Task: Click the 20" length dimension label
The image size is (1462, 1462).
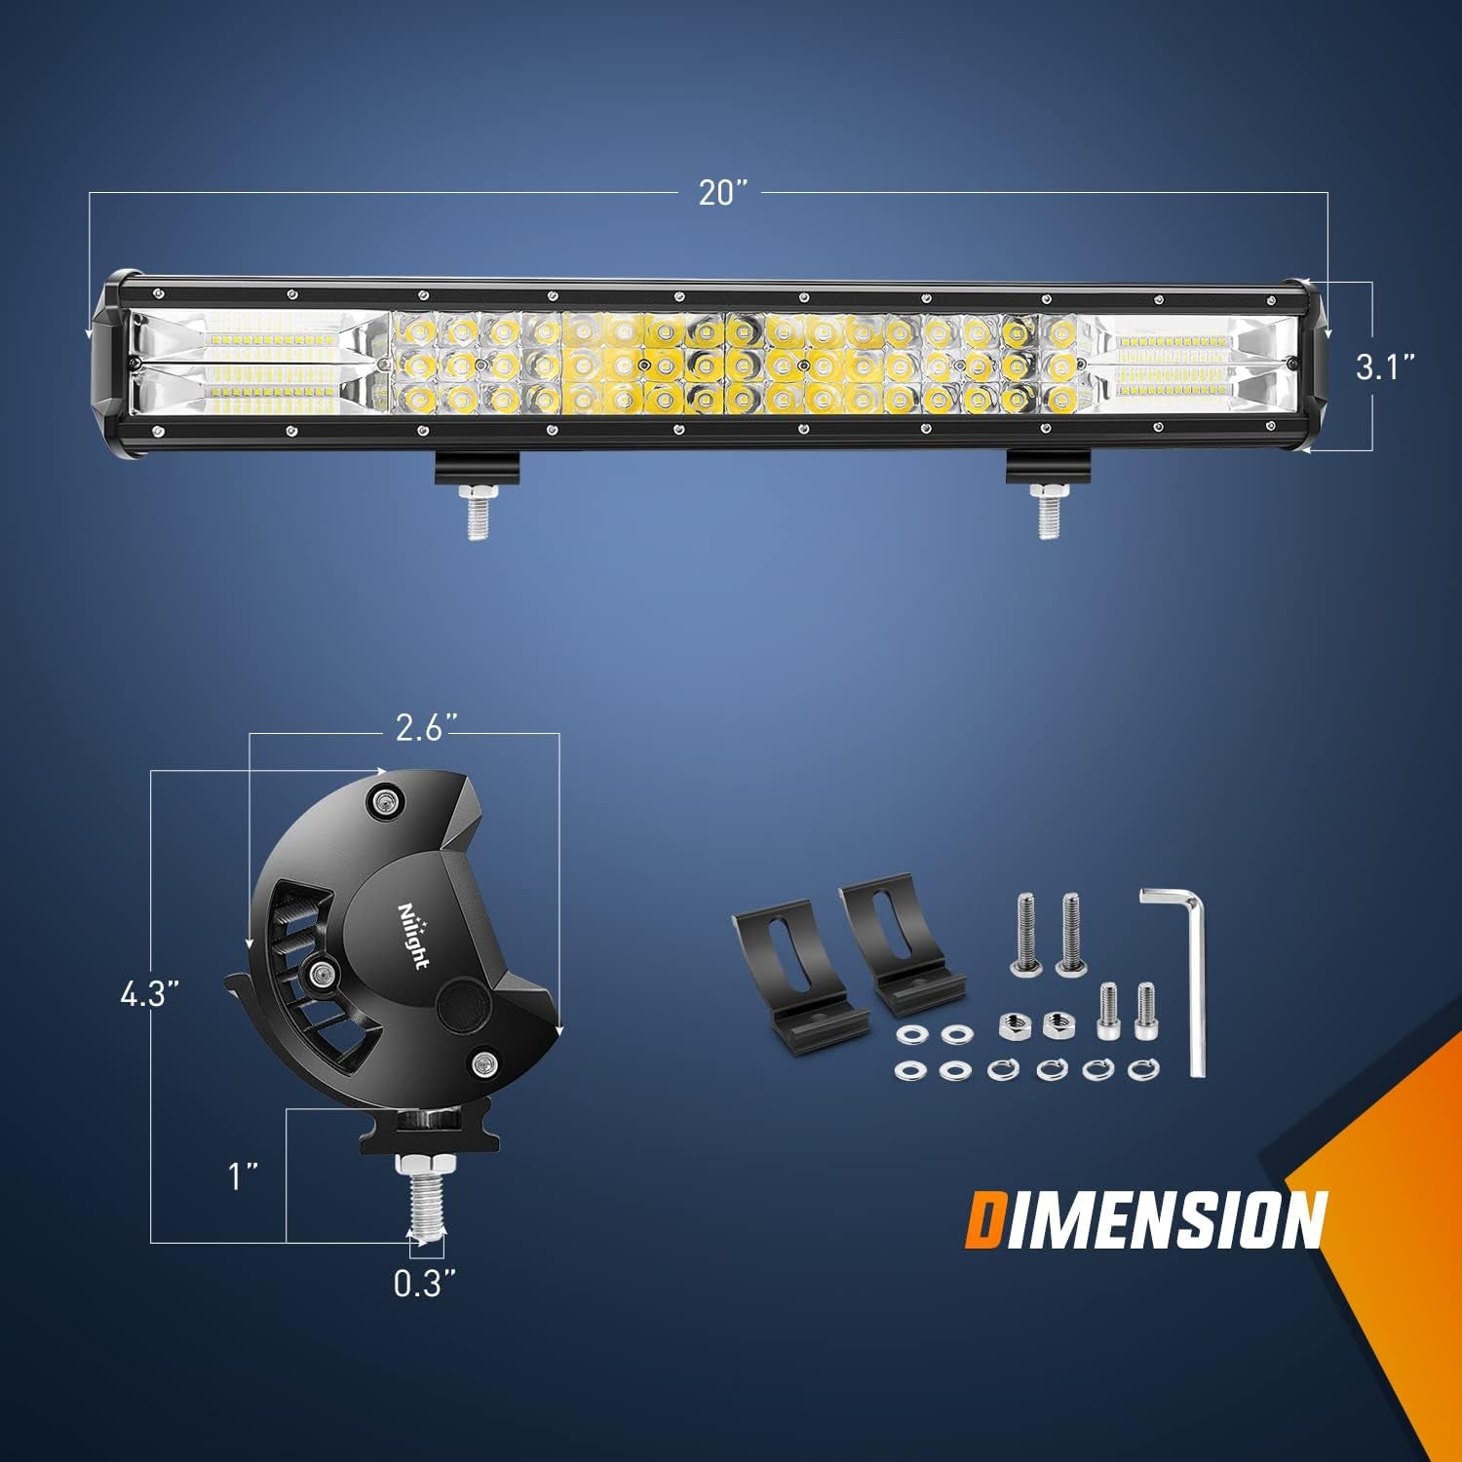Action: (722, 194)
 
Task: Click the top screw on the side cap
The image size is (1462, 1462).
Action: (386, 801)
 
